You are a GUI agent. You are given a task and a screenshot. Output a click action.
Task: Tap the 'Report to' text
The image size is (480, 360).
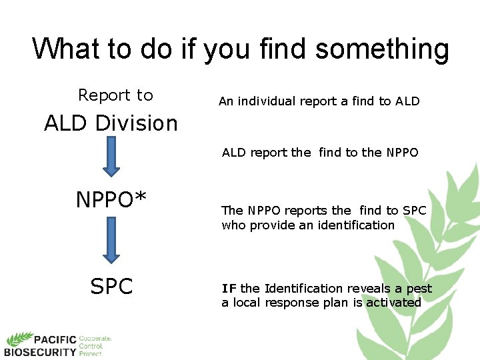point(115,95)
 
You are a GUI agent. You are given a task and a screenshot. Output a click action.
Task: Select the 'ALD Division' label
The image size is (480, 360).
point(111,123)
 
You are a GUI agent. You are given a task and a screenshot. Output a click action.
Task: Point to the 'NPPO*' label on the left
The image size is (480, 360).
point(111,200)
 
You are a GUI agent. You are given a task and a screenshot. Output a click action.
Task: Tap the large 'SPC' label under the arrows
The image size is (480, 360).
point(111,287)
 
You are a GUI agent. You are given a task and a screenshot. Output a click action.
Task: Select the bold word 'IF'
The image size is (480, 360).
point(229,289)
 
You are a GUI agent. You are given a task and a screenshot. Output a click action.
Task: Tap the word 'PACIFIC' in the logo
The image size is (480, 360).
point(56,340)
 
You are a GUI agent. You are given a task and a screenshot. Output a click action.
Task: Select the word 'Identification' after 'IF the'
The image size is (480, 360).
point(303,289)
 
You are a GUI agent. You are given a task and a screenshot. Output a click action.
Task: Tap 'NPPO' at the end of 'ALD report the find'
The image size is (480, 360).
point(402,153)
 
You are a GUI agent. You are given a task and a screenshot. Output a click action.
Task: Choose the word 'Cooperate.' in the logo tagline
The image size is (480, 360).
point(95,339)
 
